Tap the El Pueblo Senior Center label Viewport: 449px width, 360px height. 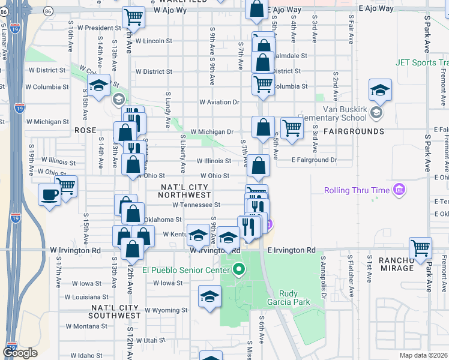pos(187,269)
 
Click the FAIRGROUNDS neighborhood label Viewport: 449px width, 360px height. pos(354,131)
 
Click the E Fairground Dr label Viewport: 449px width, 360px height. pos(314,160)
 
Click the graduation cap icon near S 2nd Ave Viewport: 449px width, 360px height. pos(380,90)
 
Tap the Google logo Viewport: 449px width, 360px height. pos(20,353)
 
